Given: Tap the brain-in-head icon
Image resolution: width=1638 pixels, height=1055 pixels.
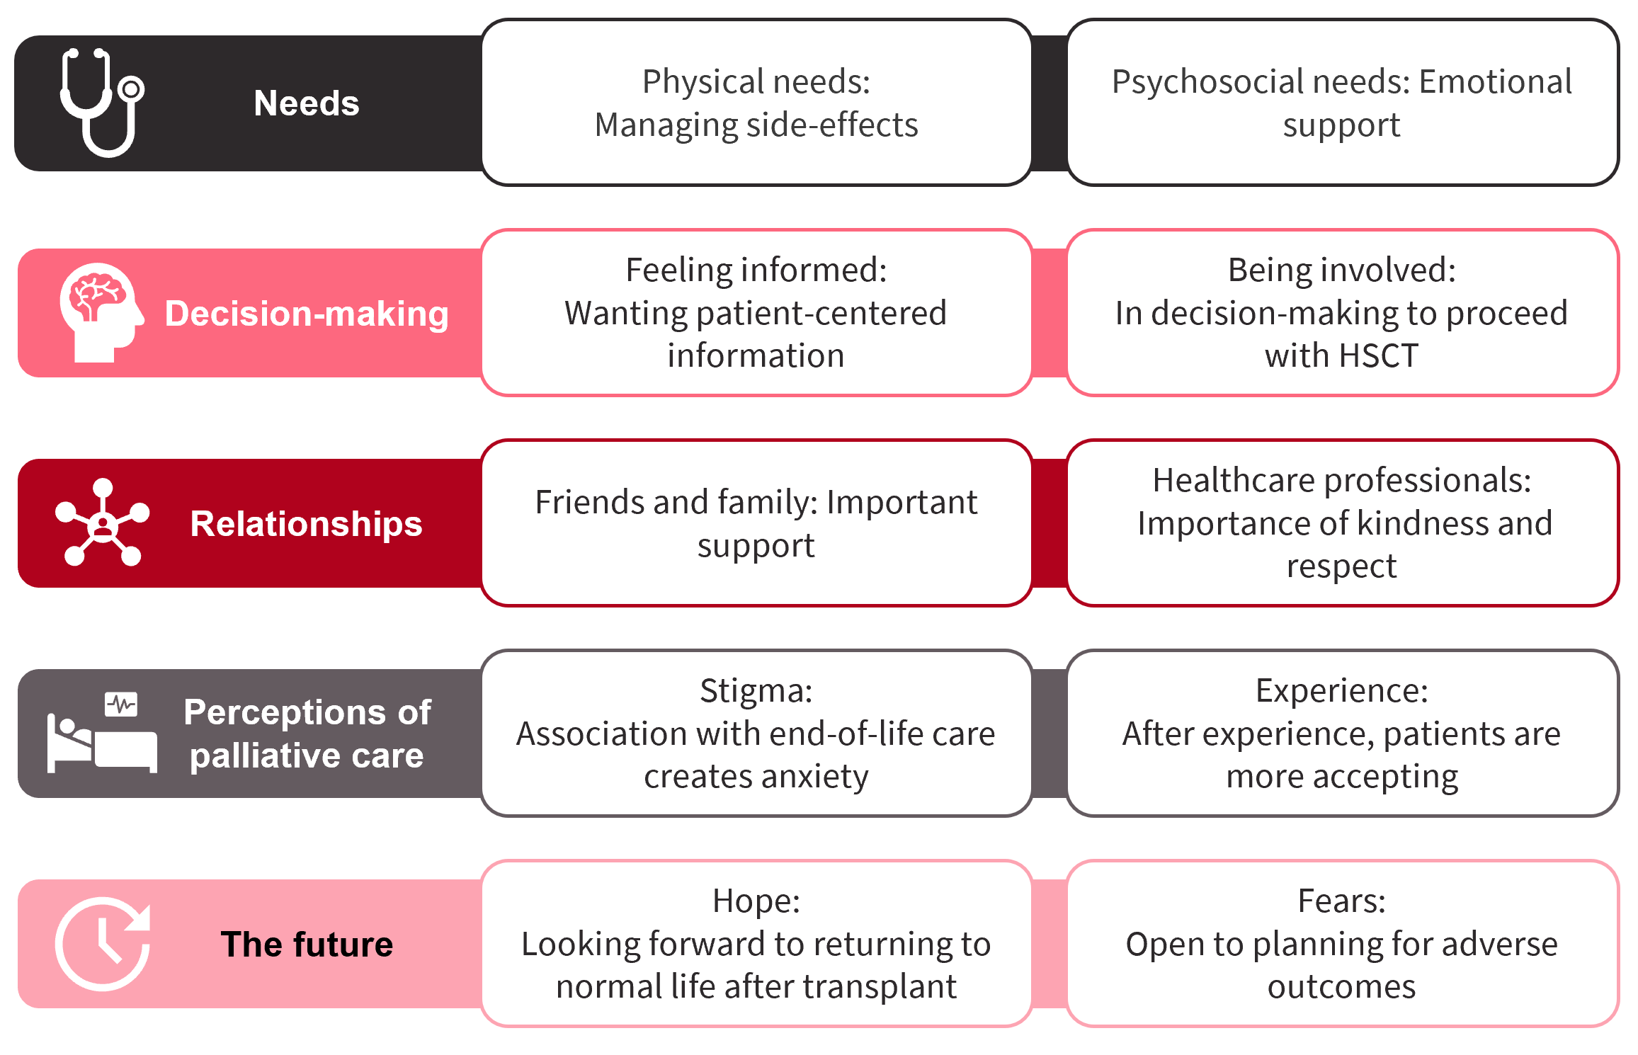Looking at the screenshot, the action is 101,312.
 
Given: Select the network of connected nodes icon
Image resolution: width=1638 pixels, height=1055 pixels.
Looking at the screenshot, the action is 103,523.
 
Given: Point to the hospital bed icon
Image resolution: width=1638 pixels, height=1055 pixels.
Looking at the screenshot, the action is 102,733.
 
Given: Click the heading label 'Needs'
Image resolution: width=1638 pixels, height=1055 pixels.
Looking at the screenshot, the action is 307,103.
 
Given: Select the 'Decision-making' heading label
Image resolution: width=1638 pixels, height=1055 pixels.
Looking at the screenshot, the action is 307,314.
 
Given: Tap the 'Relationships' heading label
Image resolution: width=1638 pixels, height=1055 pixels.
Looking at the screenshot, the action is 306,524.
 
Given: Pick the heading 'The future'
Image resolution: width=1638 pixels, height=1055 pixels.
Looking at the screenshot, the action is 307,945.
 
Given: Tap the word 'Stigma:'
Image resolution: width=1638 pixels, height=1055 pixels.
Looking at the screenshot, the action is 756,692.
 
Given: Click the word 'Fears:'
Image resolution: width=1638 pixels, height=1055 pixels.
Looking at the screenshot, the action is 1342,901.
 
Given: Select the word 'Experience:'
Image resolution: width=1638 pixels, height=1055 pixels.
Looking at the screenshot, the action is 1342,692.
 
